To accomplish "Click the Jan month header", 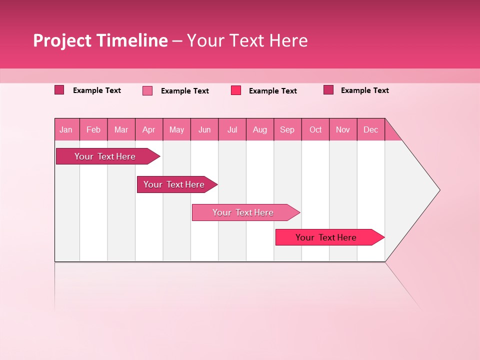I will (x=66, y=129).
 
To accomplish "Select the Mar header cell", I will (x=121, y=129).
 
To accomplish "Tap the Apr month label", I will (x=148, y=129).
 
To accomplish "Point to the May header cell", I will (x=176, y=129).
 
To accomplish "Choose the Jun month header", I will (x=204, y=129).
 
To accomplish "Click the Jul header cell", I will (x=232, y=129).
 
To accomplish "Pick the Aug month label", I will (x=259, y=129).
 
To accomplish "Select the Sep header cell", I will (x=287, y=129).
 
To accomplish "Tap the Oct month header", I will (x=315, y=129).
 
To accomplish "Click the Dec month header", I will (x=370, y=129).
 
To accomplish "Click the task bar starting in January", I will (x=105, y=156).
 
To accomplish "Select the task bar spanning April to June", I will (x=174, y=184).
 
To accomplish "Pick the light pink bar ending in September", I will (x=243, y=212).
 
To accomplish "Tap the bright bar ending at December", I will (x=326, y=237).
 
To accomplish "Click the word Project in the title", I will (x=62, y=40).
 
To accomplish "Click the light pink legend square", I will (x=147, y=90).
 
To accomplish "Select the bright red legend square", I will (x=236, y=90).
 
